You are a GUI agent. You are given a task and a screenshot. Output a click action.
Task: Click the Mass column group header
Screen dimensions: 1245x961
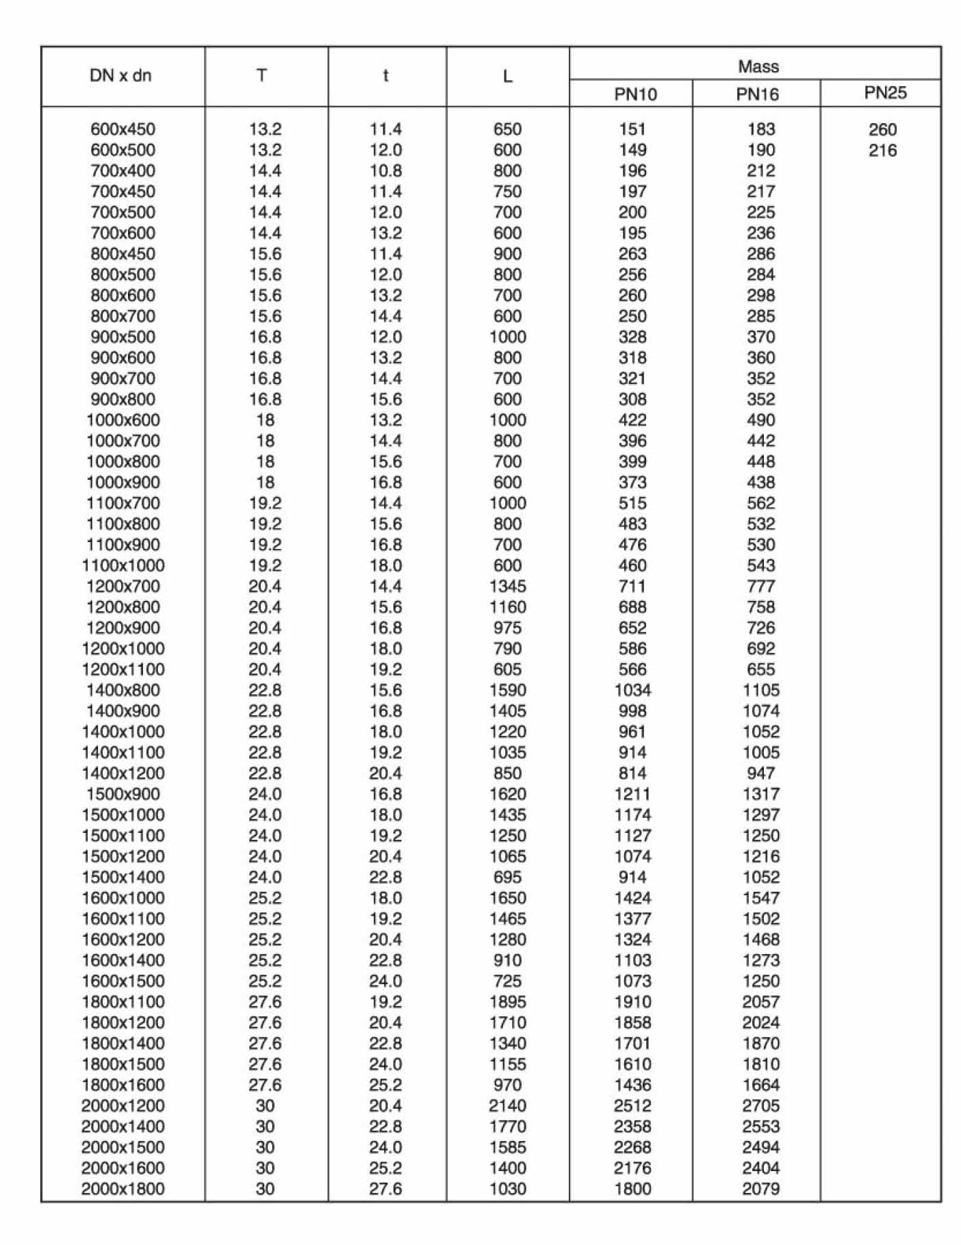click(x=758, y=66)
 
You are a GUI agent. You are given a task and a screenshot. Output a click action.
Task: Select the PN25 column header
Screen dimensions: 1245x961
click(x=884, y=92)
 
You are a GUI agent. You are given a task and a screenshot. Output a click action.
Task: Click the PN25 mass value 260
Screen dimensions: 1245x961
click(x=882, y=129)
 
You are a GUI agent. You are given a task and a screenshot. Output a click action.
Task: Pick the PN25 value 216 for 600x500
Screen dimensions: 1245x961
click(x=882, y=151)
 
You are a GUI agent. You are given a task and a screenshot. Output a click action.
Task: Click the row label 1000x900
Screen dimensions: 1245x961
click(x=123, y=483)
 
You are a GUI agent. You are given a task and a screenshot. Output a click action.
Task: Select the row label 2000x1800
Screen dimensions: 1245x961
click(x=123, y=1189)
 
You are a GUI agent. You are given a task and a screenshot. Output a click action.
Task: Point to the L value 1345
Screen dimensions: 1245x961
click(x=507, y=587)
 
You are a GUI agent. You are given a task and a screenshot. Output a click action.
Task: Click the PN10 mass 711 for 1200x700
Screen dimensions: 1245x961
click(x=632, y=587)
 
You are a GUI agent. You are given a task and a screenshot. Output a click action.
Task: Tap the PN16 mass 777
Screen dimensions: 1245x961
click(x=760, y=587)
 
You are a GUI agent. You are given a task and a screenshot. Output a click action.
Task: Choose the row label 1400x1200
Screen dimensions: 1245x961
click(x=123, y=773)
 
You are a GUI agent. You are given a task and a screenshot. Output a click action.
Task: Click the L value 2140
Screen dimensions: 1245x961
click(x=507, y=1106)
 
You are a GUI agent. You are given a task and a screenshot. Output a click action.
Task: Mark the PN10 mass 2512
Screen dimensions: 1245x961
click(x=632, y=1106)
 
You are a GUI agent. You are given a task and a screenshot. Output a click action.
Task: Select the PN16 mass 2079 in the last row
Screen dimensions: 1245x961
click(x=760, y=1189)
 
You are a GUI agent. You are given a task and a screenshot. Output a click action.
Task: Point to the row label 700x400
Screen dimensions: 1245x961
click(x=123, y=171)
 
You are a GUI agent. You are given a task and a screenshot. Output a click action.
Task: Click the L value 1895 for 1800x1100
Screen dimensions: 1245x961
click(x=507, y=1002)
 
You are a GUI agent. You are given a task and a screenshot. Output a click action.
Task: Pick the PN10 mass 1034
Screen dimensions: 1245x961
click(x=632, y=691)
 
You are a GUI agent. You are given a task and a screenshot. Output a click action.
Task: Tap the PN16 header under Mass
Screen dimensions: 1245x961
click(x=757, y=94)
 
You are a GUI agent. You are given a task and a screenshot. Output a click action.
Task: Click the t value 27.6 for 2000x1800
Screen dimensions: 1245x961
click(x=385, y=1189)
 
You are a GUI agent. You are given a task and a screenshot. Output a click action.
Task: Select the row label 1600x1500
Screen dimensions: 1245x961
click(x=123, y=981)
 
